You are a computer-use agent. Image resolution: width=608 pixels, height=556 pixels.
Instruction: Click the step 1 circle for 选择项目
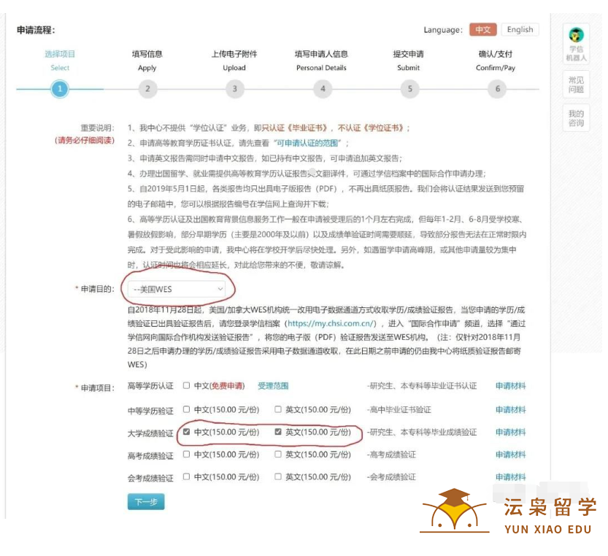[x=59, y=89]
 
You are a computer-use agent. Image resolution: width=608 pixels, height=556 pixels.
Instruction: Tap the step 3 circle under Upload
[x=234, y=89]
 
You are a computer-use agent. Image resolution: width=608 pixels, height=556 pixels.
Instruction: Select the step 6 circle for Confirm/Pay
[x=497, y=89]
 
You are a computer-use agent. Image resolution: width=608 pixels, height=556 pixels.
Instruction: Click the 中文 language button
[x=482, y=30]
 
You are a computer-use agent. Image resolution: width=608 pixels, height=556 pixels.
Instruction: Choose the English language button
[x=520, y=30]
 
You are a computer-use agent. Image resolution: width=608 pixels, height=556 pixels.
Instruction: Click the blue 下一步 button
[x=146, y=502]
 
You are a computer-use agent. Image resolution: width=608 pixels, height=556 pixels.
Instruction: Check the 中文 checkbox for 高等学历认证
[x=187, y=385]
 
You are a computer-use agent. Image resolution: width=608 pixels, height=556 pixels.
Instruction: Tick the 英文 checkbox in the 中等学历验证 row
[x=278, y=409]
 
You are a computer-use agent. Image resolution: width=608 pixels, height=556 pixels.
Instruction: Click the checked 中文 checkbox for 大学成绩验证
[x=187, y=432]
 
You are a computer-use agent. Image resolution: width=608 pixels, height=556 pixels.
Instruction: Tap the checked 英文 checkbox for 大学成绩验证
[x=278, y=432]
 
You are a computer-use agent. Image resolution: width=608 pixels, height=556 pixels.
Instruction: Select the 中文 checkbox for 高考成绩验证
[x=187, y=455]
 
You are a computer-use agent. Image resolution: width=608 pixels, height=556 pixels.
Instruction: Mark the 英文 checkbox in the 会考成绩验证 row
[x=278, y=477]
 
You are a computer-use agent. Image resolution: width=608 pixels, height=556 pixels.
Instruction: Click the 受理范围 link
[x=273, y=386]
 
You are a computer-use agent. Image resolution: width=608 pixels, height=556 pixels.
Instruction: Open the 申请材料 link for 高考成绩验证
[x=510, y=455]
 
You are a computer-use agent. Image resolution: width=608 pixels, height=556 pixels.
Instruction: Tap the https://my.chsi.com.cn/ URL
[x=331, y=323]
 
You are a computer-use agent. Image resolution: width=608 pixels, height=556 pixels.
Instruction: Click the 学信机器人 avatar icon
[x=576, y=34]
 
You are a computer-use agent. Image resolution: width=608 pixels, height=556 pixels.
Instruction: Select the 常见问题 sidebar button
[x=576, y=85]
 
